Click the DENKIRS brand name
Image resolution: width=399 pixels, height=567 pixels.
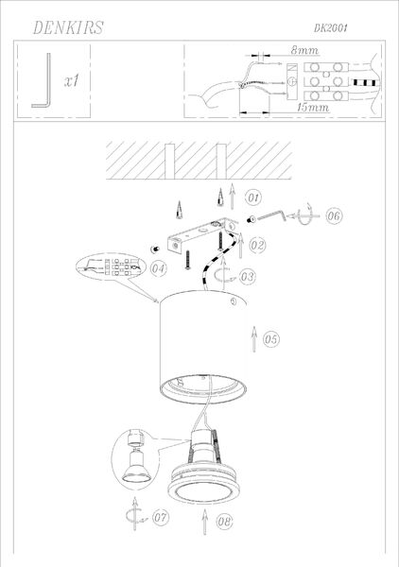point(68,27)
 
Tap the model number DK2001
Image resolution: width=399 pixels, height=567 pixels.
point(331,28)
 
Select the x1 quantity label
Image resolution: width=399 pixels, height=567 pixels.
point(71,81)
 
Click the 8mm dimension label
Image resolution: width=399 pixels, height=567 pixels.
point(304,50)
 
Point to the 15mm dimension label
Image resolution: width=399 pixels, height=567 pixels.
point(313,107)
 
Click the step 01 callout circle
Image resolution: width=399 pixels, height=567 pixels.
point(253,198)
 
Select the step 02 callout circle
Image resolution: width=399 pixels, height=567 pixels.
point(257,245)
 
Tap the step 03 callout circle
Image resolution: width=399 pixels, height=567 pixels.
point(248,277)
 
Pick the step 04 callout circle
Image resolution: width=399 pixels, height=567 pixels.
point(159,268)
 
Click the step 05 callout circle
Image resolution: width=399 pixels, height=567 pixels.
point(271,339)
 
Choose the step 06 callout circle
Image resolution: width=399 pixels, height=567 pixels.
point(334,215)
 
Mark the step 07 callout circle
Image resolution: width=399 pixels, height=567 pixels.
point(160,517)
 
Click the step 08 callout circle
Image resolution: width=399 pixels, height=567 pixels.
point(224,522)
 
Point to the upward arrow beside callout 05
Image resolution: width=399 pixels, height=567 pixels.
point(254,339)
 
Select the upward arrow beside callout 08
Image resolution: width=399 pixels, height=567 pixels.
point(205,522)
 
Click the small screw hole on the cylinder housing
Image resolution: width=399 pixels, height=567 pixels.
point(234,301)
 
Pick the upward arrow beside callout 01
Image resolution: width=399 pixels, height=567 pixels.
point(232,196)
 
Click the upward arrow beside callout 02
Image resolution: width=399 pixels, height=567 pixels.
point(240,246)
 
